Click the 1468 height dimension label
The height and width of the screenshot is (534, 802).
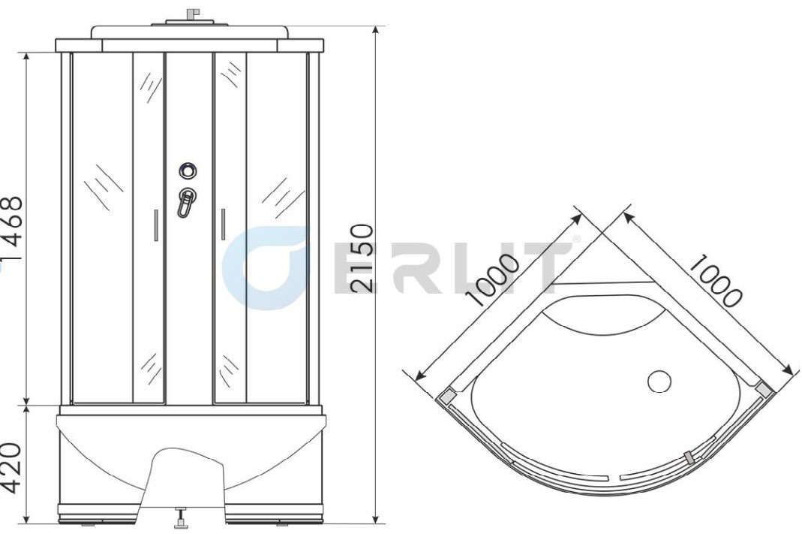coord(12,228)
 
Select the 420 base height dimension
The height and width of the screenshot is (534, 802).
coord(12,467)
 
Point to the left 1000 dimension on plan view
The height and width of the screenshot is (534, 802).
coord(493,279)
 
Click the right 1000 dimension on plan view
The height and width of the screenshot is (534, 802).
coord(716,279)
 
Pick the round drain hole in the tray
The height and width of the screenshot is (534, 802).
coord(659,382)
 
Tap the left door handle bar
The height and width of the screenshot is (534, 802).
coord(156,225)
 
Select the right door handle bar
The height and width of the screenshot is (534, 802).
coord(223,224)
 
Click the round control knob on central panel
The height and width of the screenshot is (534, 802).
coord(188,170)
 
